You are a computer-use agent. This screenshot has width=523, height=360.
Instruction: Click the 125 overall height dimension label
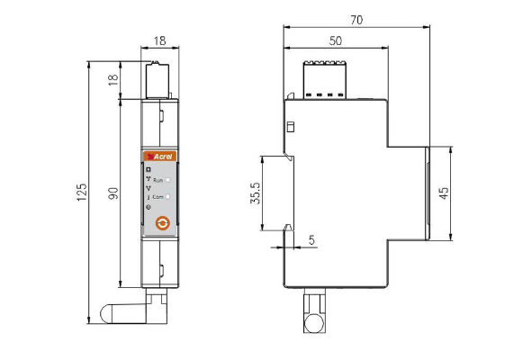(x=82, y=193)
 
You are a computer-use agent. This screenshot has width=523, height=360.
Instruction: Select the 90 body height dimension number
(x=113, y=193)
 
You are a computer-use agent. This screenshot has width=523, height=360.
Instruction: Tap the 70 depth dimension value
(x=356, y=20)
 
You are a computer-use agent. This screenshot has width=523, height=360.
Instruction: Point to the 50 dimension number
(x=336, y=40)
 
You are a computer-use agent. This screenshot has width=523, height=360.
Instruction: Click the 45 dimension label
(x=444, y=193)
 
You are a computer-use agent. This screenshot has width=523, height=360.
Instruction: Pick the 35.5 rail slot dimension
(x=256, y=193)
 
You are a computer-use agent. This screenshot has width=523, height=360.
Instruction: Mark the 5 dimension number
(x=311, y=240)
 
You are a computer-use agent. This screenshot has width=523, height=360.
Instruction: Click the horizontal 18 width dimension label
(x=159, y=40)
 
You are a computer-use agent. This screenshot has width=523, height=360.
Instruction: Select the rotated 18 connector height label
(x=113, y=80)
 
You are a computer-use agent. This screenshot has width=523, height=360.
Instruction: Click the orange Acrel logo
(x=160, y=157)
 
